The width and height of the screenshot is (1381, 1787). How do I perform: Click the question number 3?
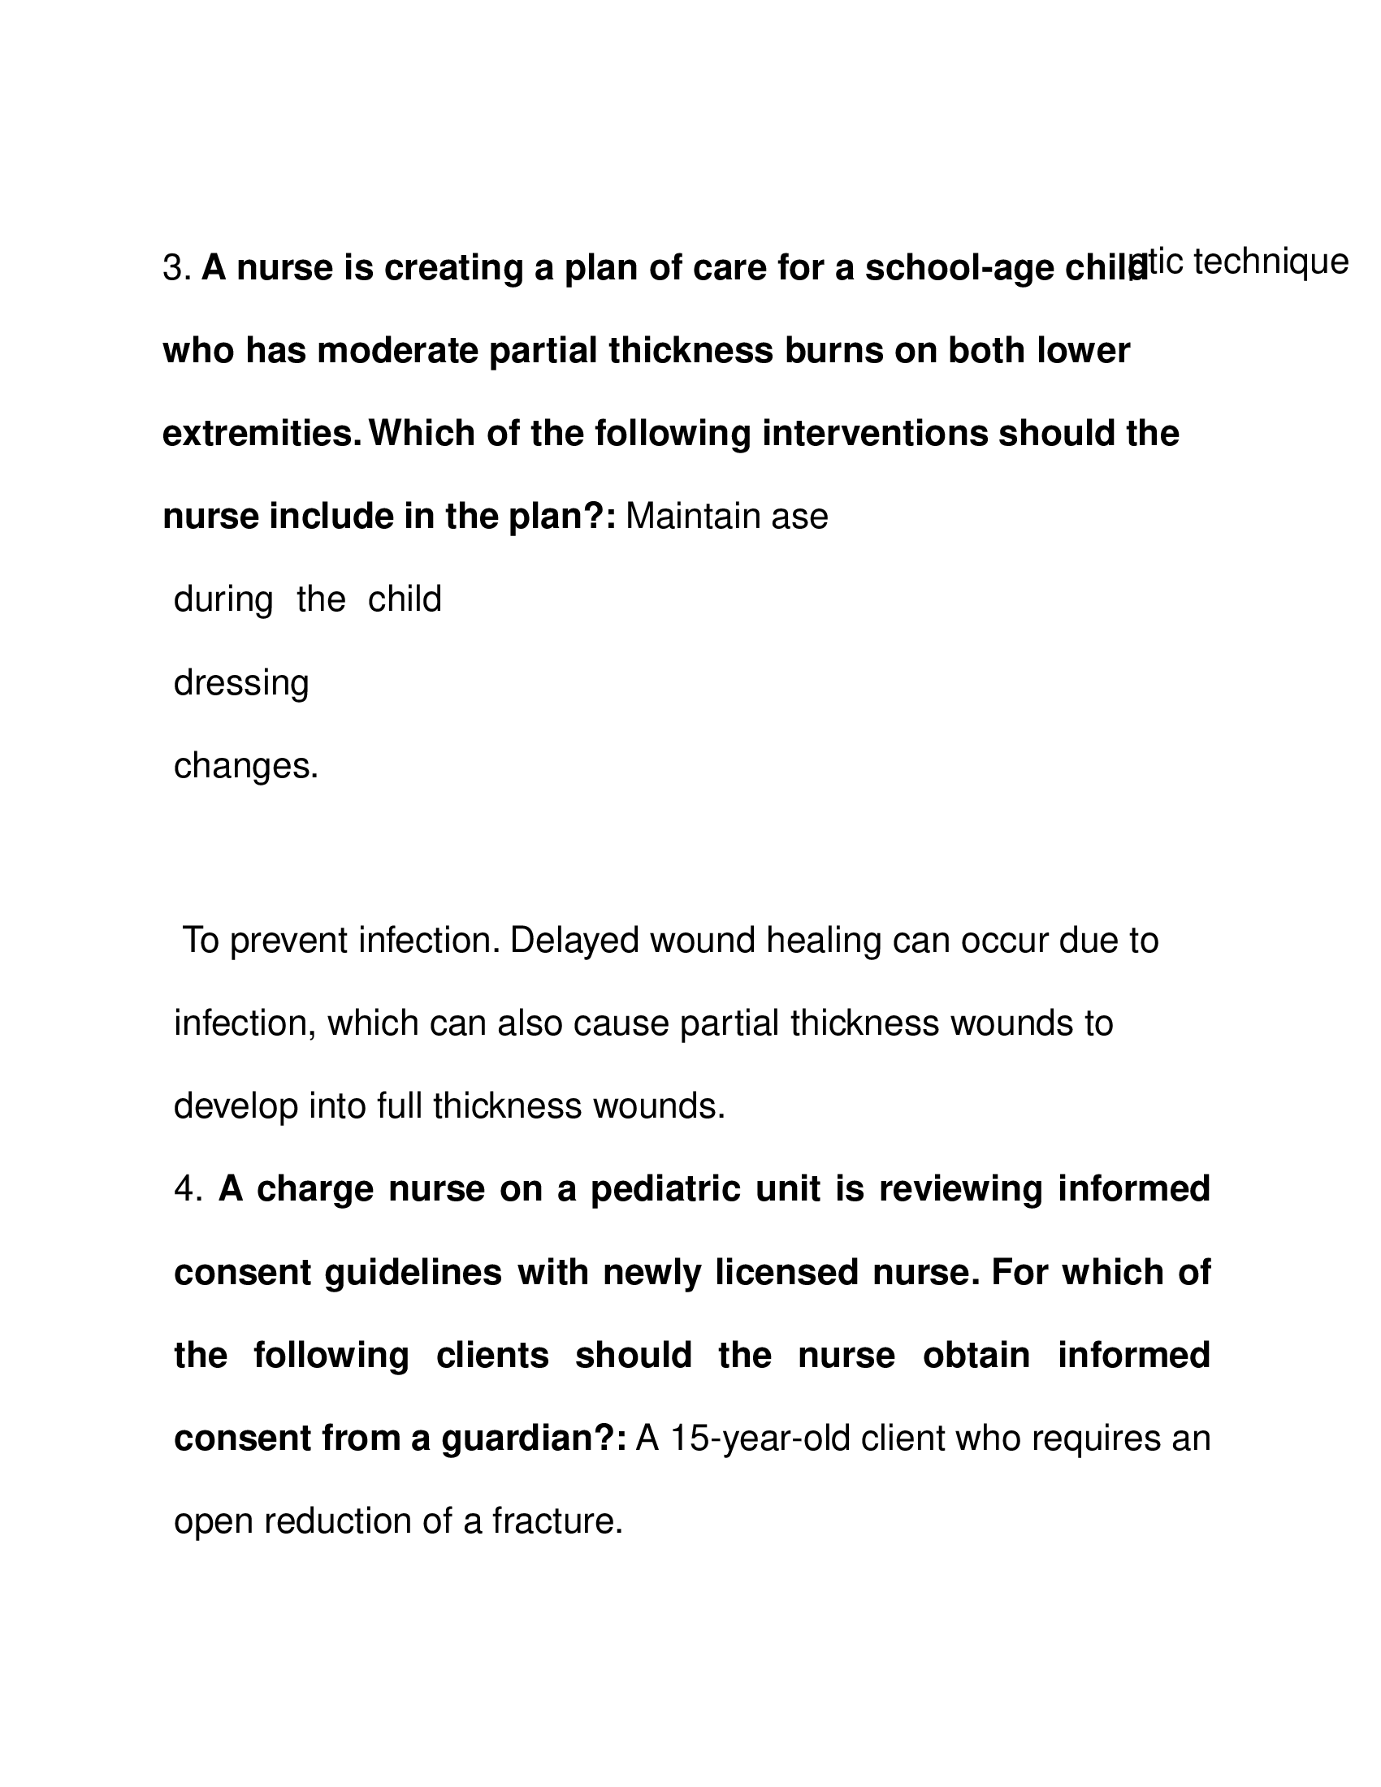[x=176, y=268]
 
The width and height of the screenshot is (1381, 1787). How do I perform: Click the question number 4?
[x=188, y=1189]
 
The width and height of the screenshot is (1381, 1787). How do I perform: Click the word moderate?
[x=397, y=351]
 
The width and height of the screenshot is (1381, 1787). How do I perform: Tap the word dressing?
[x=241, y=683]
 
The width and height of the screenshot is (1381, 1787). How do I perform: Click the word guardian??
[x=534, y=1439]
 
